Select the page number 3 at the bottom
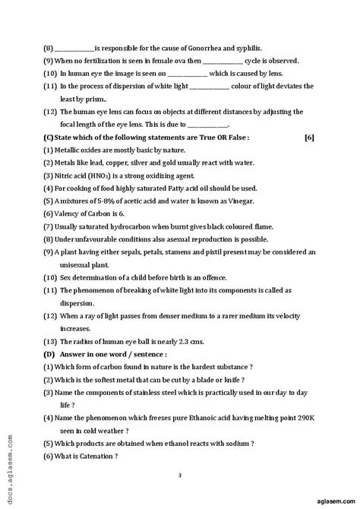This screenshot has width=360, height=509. (180, 476)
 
